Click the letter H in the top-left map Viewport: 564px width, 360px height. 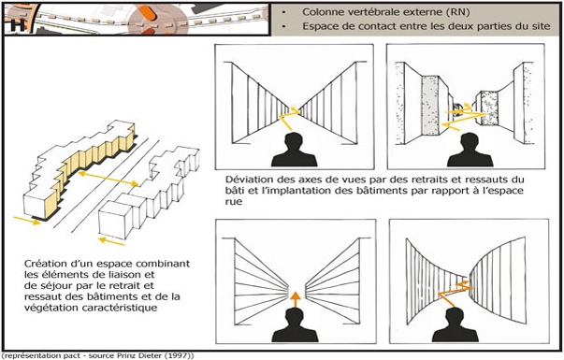coord(18,25)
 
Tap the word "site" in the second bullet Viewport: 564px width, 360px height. coord(541,26)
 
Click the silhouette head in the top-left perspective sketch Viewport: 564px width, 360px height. coord(294,141)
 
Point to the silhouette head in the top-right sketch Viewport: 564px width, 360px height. coord(470,141)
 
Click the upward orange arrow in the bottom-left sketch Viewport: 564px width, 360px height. coord(295,299)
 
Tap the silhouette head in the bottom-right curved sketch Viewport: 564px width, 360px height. coord(455,316)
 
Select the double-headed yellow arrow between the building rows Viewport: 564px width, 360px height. coord(108,179)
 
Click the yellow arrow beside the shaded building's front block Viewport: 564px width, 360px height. coord(27,221)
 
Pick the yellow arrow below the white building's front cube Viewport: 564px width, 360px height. coord(112,241)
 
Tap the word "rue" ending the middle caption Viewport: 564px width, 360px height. coord(234,202)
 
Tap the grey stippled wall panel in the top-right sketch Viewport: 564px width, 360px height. coord(430,106)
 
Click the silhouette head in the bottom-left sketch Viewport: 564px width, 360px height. coord(295,317)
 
